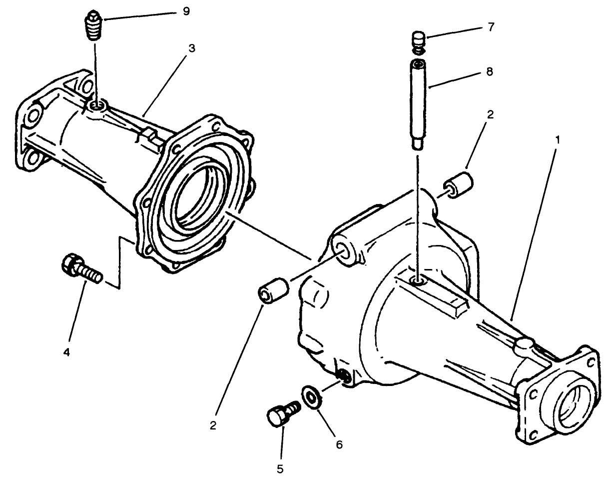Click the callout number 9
pos(186,11)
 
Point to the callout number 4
pos(66,352)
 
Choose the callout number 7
pos(491,26)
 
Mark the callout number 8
pos(489,71)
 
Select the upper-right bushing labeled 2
pos(460,185)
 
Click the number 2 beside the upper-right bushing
pos(490,114)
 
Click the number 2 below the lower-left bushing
pos(213,425)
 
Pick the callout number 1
pos(558,139)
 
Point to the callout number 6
pos(339,444)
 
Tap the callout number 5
pos(280,468)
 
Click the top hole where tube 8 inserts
pos(418,282)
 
